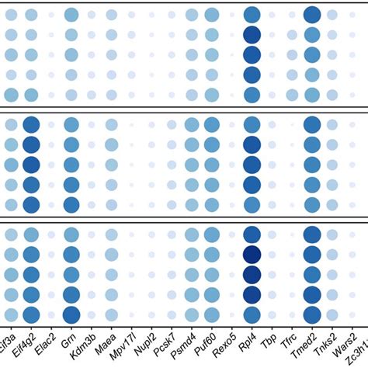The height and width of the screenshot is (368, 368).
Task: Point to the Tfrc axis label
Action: click(x=289, y=342)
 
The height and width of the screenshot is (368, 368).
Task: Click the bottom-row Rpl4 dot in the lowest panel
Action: click(x=252, y=314)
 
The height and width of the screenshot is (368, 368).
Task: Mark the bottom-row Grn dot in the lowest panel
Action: click(x=71, y=314)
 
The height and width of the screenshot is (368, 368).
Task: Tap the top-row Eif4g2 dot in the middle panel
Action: click(x=31, y=125)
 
